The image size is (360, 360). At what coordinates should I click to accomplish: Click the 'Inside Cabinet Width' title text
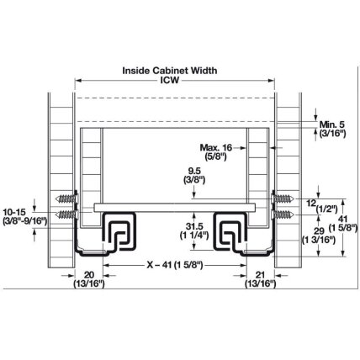coord(170,71)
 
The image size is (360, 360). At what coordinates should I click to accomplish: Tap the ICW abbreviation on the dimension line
coord(169,80)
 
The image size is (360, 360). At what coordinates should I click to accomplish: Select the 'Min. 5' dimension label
coord(332,124)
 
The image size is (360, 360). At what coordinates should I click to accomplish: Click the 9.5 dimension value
coord(194,171)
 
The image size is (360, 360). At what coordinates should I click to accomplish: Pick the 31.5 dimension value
coord(194,226)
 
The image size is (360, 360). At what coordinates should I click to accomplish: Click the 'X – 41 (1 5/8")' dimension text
coord(175,265)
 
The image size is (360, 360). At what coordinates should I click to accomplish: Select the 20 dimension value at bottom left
coord(89,275)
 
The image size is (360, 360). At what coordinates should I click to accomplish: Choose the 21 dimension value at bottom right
coord(260,275)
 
